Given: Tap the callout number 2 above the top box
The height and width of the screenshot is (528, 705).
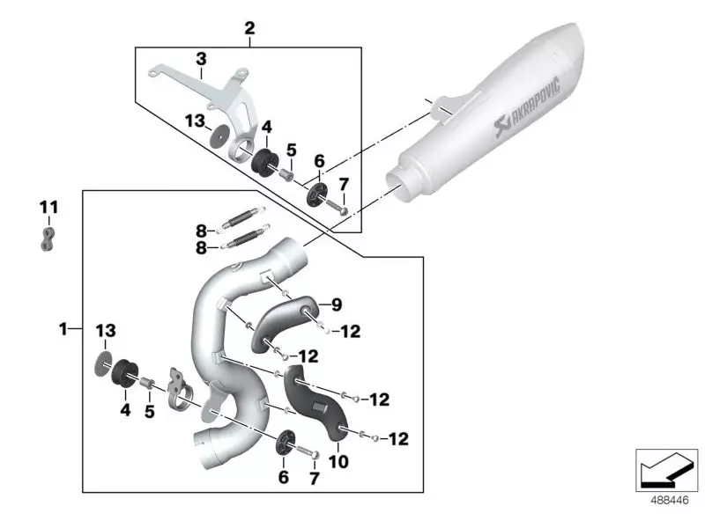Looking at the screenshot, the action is click(x=249, y=28).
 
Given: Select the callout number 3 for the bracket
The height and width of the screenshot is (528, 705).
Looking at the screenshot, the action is click(x=201, y=59).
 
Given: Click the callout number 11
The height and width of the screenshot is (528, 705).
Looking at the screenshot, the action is click(x=48, y=208).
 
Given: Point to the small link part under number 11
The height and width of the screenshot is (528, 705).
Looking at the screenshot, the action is click(x=48, y=239).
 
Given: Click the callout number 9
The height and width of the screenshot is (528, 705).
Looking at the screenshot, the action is click(x=337, y=304).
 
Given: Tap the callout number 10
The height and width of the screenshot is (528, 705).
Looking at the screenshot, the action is click(x=338, y=461).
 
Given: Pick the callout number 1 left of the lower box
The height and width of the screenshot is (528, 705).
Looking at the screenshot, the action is click(x=63, y=329).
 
